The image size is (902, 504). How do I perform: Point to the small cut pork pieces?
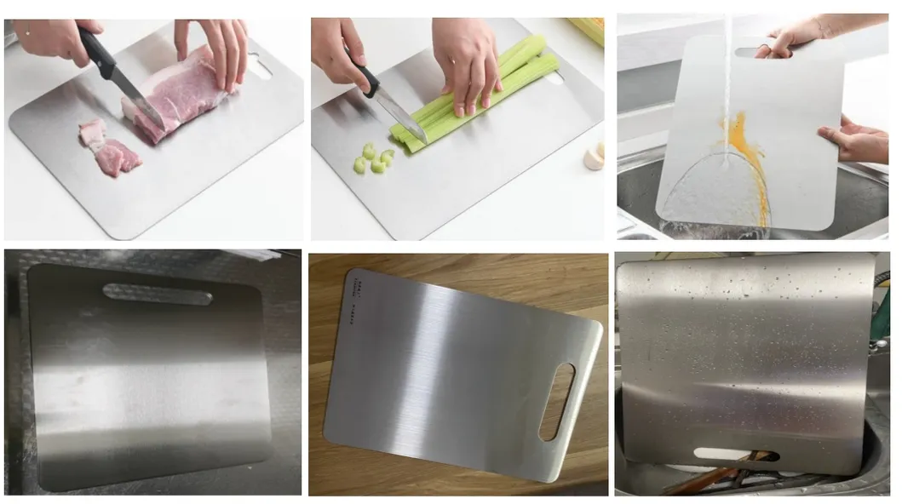109,149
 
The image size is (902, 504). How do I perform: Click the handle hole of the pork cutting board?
259,66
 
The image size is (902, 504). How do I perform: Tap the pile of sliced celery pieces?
373,158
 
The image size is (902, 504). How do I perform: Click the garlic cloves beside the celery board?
594,157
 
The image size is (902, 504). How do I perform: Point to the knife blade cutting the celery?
400,115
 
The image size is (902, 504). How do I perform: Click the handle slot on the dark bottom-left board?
158,295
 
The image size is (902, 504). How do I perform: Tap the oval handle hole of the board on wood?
555,401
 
